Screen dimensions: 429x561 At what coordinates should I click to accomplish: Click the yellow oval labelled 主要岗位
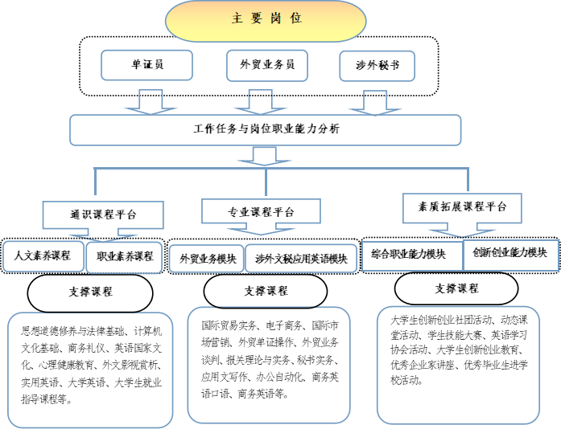265,21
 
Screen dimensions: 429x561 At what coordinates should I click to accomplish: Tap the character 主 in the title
237,18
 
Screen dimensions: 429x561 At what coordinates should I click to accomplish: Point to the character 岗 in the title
276,18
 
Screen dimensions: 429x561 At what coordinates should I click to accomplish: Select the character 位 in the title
296,18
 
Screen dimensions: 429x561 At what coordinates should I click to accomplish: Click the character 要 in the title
256,18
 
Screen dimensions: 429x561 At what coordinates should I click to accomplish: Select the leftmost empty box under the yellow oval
146,65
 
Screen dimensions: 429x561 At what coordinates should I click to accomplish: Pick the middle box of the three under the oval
266,65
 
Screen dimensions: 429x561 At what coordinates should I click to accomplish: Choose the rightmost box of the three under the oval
377,65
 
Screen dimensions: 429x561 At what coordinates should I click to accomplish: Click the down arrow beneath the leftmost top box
151,101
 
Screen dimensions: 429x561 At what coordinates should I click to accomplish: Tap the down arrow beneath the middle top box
260,101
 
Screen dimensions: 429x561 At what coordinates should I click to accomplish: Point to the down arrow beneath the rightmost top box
375,102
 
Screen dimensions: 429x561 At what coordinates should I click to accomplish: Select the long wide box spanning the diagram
265,130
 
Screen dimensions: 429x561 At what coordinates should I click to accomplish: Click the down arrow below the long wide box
264,156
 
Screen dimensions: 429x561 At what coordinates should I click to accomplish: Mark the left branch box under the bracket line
103,214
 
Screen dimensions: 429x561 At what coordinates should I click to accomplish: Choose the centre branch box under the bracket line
261,210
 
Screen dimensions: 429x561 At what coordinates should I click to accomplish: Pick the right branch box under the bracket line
462,207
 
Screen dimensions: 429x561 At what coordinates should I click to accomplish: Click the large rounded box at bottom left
90,370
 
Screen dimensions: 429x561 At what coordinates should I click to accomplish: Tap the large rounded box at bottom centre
269,365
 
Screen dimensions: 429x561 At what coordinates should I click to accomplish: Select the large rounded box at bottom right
458,365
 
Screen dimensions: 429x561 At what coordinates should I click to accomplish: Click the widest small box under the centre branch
301,259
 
